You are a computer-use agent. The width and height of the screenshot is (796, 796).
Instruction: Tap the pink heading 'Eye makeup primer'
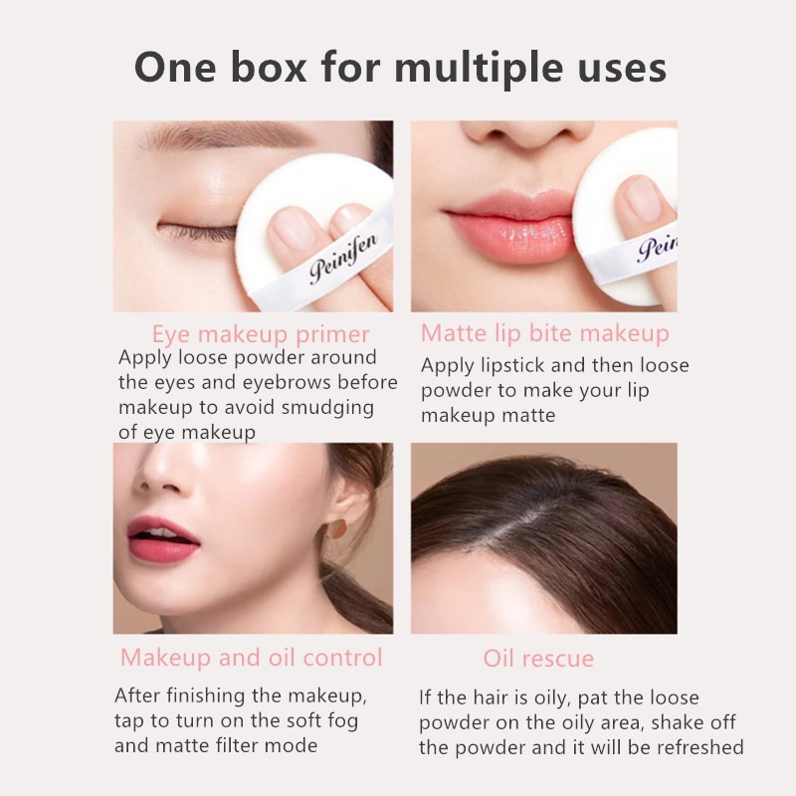coord(261,333)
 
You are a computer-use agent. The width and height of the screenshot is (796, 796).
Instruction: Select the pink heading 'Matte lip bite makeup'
coord(544,332)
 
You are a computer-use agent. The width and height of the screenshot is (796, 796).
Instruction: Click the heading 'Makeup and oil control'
coord(251,658)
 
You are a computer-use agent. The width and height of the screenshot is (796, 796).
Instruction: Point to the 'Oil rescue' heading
coord(538,659)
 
